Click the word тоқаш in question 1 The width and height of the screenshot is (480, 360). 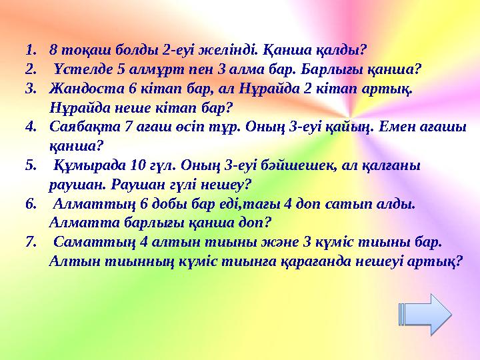(x=79, y=49)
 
